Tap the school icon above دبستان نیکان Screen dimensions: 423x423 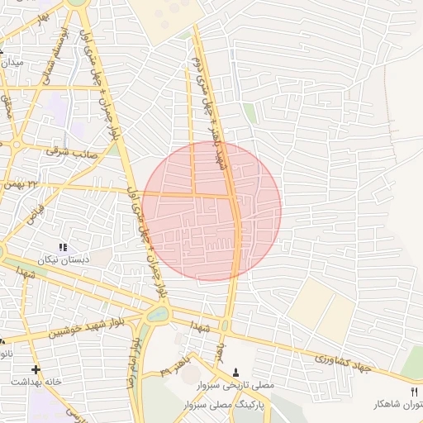click(x=63, y=247)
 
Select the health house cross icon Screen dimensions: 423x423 click(x=35, y=369)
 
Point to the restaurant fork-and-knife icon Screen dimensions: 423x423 click(x=414, y=391)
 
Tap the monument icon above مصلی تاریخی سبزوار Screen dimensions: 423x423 click(x=237, y=373)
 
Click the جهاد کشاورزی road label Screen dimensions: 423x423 click(x=343, y=362)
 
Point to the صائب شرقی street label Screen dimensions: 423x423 click(x=74, y=152)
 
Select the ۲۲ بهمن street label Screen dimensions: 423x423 click(x=21, y=183)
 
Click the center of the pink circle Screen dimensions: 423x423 click(x=211, y=211)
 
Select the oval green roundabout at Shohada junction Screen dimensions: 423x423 click(x=156, y=315)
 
